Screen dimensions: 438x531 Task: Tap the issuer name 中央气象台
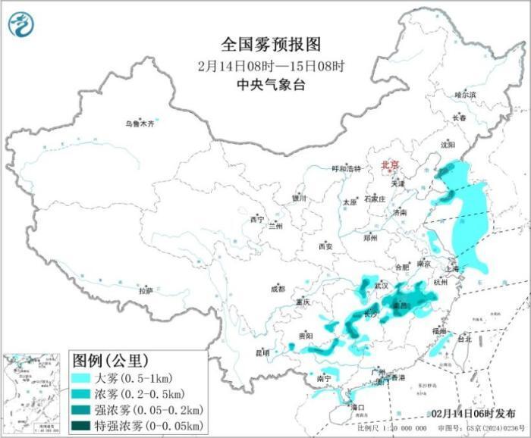[x=261, y=85]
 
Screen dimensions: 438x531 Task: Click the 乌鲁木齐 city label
[x=140, y=124]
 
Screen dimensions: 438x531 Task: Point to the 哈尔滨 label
[x=465, y=95]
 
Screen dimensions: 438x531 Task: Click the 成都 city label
[x=277, y=288]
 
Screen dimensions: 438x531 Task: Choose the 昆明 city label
[x=262, y=352]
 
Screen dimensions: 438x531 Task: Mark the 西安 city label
[x=325, y=246]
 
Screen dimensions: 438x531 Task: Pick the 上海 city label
[x=453, y=267]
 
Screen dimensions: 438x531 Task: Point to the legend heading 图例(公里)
[x=109, y=359]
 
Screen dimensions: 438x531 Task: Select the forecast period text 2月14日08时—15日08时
[x=261, y=64]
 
